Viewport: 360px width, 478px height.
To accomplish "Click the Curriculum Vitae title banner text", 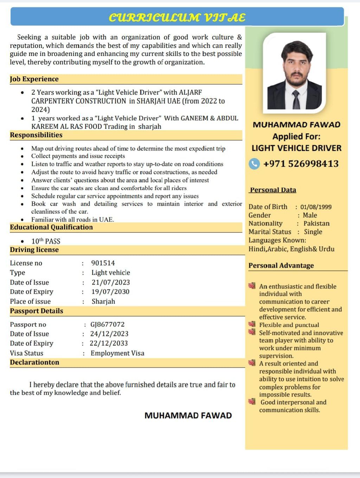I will pos(177,18).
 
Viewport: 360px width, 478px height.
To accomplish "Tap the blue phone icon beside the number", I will pos(254,164).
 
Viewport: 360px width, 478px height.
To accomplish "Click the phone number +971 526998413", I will pos(301,164).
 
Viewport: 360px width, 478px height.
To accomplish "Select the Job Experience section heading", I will pos(34,79).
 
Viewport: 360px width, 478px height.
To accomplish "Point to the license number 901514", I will pos(103,263).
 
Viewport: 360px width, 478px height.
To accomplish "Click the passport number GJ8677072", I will pos(108,324).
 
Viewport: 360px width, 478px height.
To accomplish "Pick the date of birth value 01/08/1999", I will pos(316,207).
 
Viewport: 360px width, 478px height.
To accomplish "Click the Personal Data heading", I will pos(273,190).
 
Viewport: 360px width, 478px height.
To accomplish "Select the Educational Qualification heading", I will pos(51,227).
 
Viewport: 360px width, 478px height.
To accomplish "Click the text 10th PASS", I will pos(46,241).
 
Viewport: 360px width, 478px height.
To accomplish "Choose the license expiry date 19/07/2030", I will pos(110,292).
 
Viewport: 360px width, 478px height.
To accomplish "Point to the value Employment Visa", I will pos(117,353).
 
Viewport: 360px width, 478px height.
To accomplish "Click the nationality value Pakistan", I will pos(316,223).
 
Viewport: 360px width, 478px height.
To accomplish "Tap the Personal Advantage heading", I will pos(281,266).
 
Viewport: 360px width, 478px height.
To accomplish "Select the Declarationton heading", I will pos(34,362).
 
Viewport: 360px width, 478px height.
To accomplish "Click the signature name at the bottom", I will pos(188,415).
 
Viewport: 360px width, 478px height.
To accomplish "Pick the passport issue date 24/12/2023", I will pos(109,334).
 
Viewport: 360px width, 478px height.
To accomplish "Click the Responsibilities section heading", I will pos(36,135).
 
